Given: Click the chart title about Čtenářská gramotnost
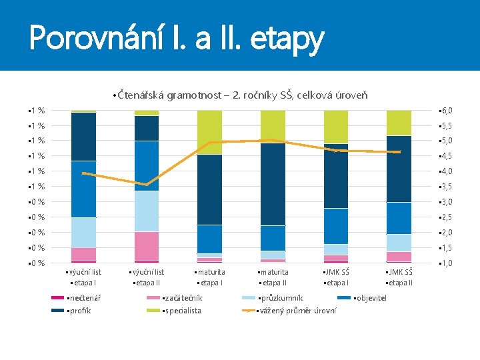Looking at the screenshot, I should tap(240, 96).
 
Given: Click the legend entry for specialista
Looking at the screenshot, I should tap(181, 311).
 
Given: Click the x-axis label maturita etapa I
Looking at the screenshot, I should tap(209, 277).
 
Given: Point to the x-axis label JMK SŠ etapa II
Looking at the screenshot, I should tap(399, 277).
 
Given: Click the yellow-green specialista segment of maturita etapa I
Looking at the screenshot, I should tap(209, 132).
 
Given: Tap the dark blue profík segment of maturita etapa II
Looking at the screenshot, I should tap(273, 184).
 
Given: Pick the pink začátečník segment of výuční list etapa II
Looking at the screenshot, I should tap(146, 246).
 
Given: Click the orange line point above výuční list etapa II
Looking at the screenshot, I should tap(146, 185).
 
